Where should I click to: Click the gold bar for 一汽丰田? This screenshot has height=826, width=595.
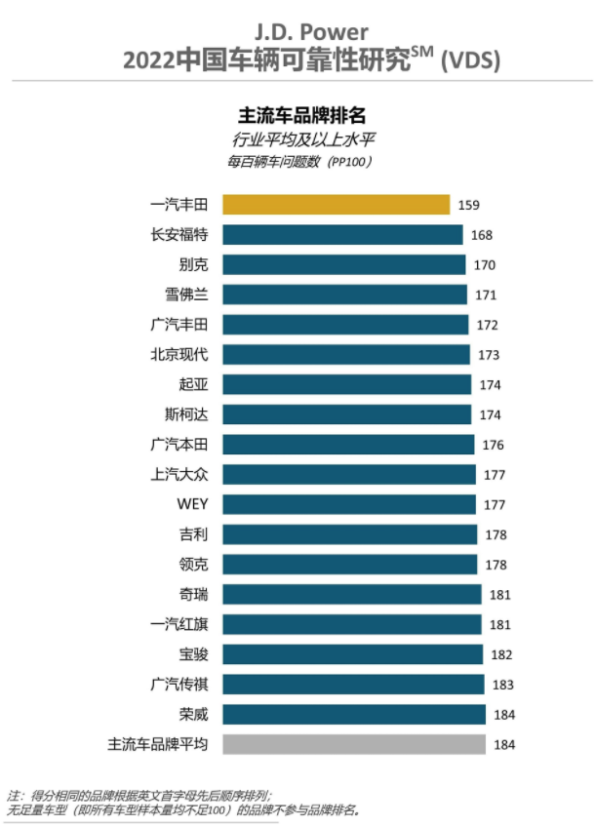pyautogui.click(x=336, y=205)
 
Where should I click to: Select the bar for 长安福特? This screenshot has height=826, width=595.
pyautogui.click(x=342, y=235)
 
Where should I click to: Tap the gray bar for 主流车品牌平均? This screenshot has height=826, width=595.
pyautogui.click(x=354, y=744)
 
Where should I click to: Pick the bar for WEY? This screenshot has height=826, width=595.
pyautogui.click(x=349, y=504)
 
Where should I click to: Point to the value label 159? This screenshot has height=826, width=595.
pyautogui.click(x=469, y=206)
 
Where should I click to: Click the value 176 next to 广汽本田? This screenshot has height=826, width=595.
pyautogui.click(x=492, y=445)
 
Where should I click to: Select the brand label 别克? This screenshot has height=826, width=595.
pyautogui.click(x=194, y=264)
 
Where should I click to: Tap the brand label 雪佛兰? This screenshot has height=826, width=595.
pyautogui.click(x=187, y=295)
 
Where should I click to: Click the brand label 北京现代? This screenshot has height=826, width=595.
pyautogui.click(x=180, y=354)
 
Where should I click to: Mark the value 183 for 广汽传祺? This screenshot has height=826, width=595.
pyautogui.click(x=502, y=685)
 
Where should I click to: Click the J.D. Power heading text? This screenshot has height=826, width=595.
pyautogui.click(x=312, y=33)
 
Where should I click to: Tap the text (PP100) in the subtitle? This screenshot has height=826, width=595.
pyautogui.click(x=348, y=162)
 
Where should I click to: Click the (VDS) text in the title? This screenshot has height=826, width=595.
pyautogui.click(x=470, y=60)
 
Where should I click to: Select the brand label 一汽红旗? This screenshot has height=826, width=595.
pyautogui.click(x=180, y=624)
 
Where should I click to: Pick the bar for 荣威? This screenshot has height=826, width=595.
pyautogui.click(x=354, y=715)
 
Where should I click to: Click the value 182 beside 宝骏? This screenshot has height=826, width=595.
pyautogui.click(x=501, y=654)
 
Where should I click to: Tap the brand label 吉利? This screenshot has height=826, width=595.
pyautogui.click(x=194, y=533)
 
